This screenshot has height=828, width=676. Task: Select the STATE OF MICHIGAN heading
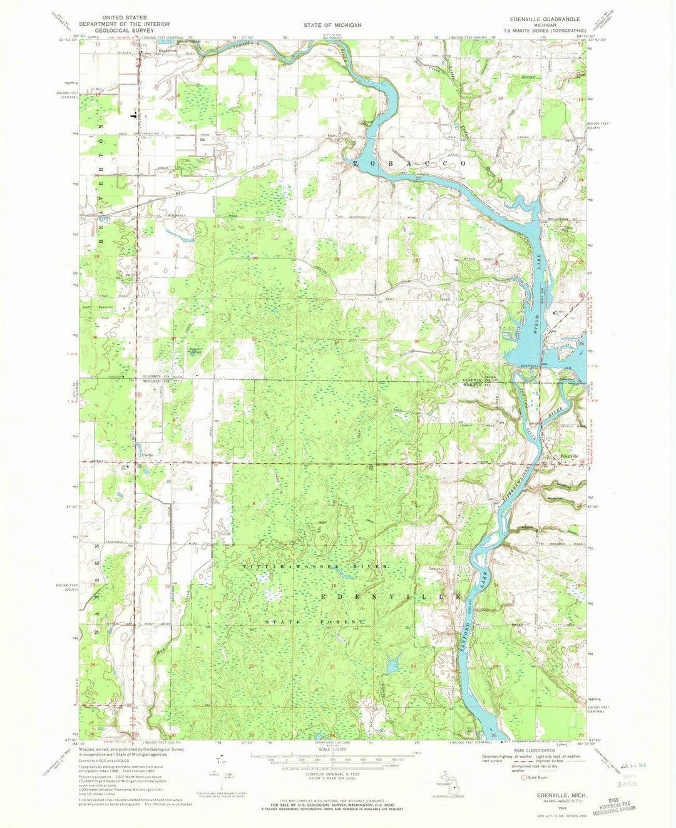pyautogui.click(x=332, y=24)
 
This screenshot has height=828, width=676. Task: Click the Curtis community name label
pyautogui.click(x=147, y=455)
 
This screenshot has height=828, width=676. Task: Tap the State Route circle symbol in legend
pyautogui.click(x=525, y=777)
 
